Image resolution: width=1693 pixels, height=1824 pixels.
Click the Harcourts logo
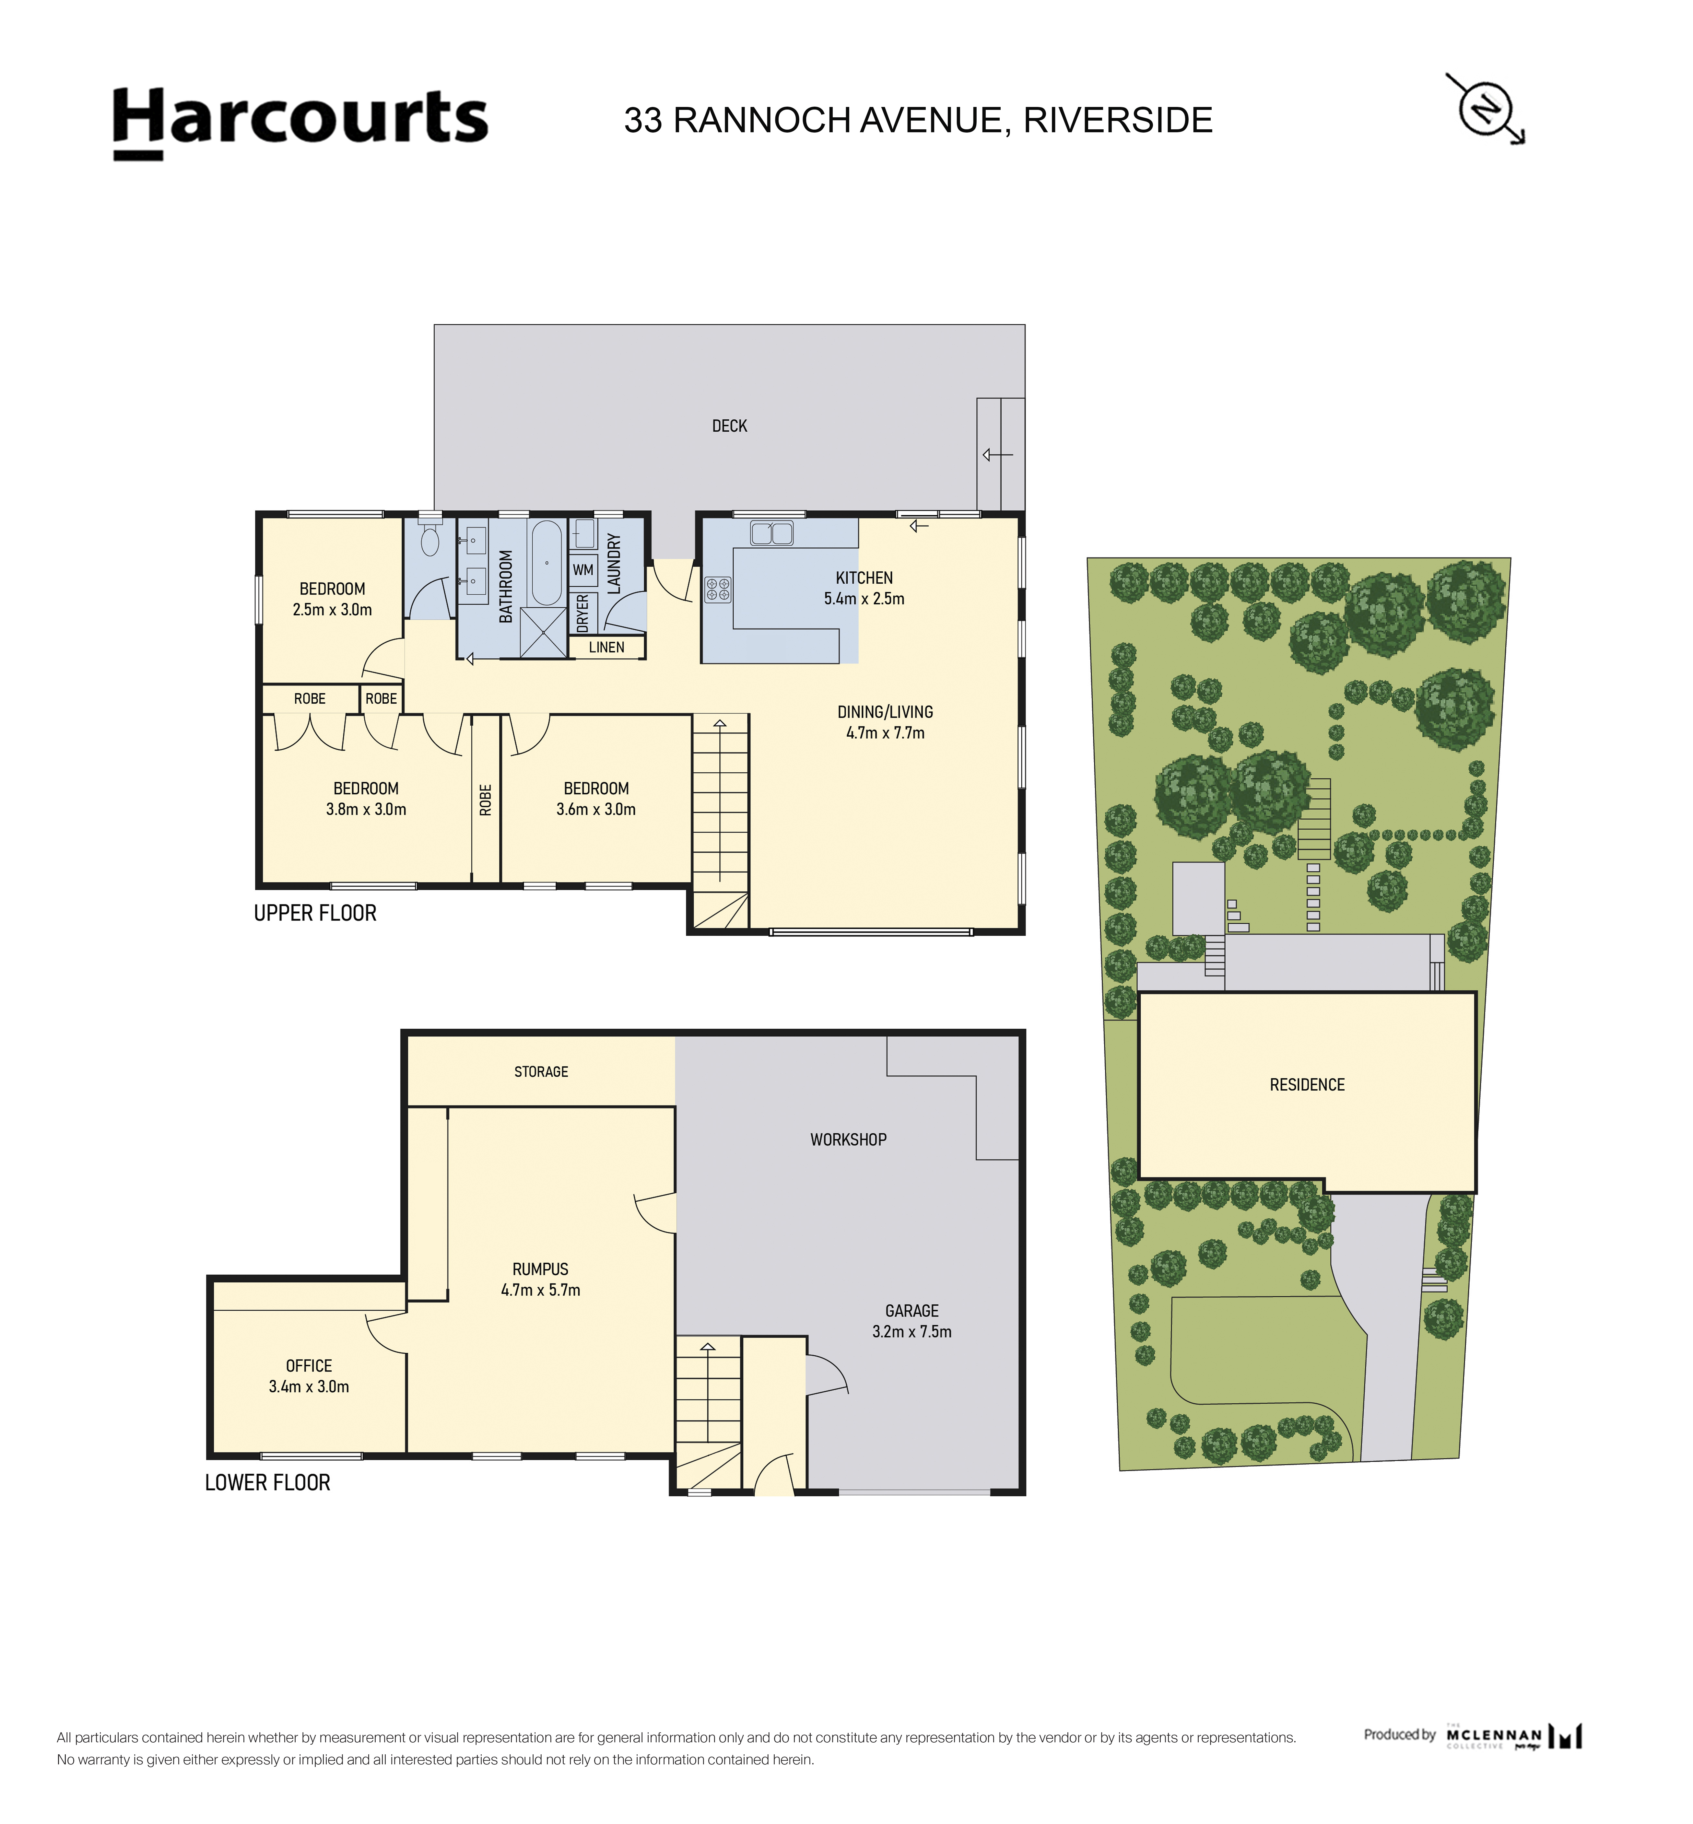point(300,123)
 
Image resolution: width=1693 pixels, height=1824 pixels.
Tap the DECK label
point(729,426)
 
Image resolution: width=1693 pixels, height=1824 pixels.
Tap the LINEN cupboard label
point(606,647)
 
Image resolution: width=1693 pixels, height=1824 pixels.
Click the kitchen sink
point(771,532)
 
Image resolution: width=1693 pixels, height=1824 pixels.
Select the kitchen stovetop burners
point(717,589)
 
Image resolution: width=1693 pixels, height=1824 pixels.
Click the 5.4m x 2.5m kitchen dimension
point(864,598)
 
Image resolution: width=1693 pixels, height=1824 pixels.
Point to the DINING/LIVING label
point(885,712)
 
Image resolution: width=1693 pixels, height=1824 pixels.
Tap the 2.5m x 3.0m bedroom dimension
point(333,609)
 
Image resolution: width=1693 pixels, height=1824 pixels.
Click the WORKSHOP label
point(848,1140)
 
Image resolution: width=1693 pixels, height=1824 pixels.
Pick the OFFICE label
point(309,1366)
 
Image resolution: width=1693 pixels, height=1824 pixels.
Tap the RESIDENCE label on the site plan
point(1307,1085)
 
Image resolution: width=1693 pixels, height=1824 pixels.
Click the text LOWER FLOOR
point(267,1482)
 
